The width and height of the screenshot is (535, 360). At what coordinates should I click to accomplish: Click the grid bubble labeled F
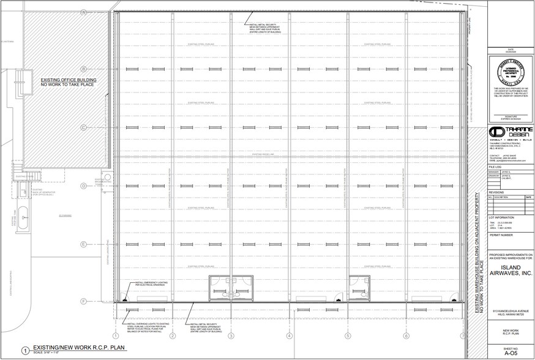pos(83,301)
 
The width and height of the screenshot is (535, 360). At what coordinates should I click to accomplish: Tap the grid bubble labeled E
pos(83,244)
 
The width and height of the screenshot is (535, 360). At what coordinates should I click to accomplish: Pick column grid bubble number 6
pos(406,336)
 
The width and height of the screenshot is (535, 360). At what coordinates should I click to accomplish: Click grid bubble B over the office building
pos(83,69)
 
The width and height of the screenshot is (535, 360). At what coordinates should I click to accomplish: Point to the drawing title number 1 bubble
pos(25,351)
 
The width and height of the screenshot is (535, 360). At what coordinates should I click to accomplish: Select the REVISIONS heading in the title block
pos(497,192)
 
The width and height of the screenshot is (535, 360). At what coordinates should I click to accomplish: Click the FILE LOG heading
pos(495,167)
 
